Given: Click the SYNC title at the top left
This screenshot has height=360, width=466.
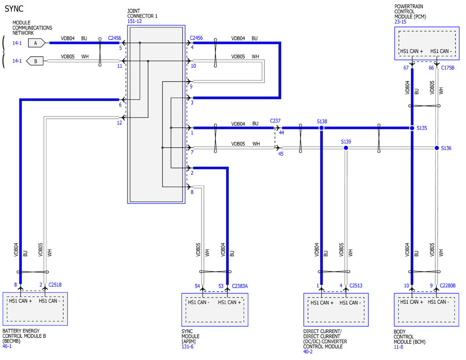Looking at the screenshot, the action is (x=14, y=9).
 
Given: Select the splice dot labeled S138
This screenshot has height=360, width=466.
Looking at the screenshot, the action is (x=322, y=128).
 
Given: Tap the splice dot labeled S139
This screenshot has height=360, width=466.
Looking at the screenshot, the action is (x=346, y=148).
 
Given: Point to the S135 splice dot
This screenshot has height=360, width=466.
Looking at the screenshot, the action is (x=412, y=128).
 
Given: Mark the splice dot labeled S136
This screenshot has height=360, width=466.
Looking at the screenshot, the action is (x=437, y=148).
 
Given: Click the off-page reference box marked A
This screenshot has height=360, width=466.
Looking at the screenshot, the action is (x=37, y=43).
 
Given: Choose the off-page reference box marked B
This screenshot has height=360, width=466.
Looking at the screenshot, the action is (x=35, y=61).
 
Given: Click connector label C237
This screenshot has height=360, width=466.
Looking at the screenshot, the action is (x=275, y=121).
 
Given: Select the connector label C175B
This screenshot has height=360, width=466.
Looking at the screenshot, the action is (x=448, y=68).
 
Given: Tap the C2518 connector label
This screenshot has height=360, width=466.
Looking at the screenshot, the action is (x=55, y=285).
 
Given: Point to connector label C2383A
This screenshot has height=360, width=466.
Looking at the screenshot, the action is (x=240, y=286).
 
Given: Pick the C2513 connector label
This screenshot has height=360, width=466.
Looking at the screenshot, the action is (x=356, y=285).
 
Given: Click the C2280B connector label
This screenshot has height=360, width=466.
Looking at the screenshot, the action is (x=448, y=285).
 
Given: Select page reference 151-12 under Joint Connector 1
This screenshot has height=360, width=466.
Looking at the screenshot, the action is (x=134, y=21).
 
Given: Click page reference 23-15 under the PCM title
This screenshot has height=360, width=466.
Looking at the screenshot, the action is (x=400, y=22).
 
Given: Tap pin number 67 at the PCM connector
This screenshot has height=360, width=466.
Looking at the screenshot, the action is (x=406, y=68).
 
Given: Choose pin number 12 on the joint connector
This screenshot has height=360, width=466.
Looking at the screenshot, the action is (x=120, y=123).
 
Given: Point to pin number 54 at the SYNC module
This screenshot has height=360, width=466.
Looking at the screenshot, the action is (x=197, y=286).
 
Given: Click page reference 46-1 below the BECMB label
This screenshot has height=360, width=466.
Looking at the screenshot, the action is (x=7, y=346).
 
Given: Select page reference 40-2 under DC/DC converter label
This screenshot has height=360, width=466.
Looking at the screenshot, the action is (x=308, y=351).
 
